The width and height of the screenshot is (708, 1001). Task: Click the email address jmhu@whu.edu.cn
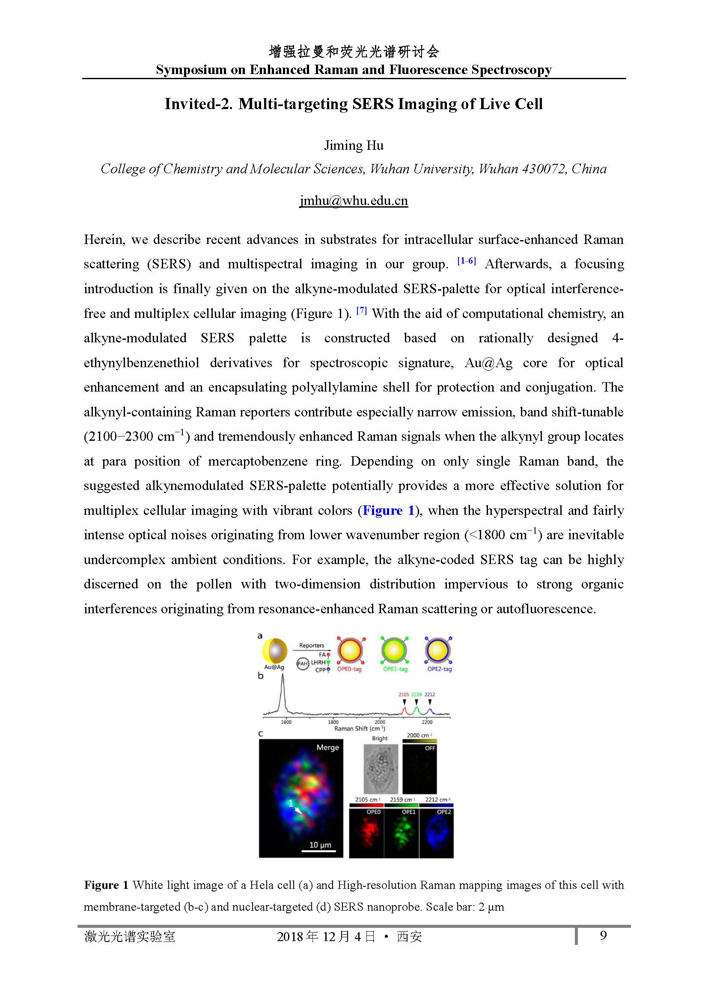pyautogui.click(x=354, y=201)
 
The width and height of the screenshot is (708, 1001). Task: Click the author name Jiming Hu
pyautogui.click(x=354, y=145)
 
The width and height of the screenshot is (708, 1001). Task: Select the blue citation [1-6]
pyautogui.click(x=466, y=261)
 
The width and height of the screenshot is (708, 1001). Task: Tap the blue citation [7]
pyautogui.click(x=361, y=310)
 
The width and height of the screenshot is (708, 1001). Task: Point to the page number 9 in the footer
pyautogui.click(x=604, y=935)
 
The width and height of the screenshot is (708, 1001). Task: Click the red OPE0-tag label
pyautogui.click(x=349, y=669)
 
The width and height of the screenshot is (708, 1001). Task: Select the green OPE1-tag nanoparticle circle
pyautogui.click(x=394, y=651)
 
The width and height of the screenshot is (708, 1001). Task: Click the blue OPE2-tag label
pyautogui.click(x=440, y=669)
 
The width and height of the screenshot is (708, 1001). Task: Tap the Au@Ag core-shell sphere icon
pyautogui.click(x=275, y=651)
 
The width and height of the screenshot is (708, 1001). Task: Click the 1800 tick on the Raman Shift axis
pyautogui.click(x=333, y=722)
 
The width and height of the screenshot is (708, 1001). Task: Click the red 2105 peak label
pyautogui.click(x=404, y=695)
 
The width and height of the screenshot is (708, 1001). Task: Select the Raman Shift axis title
pyautogui.click(x=359, y=728)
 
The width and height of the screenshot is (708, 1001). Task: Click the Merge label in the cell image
pyautogui.click(x=327, y=748)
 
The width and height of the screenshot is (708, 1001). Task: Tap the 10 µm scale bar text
pyautogui.click(x=320, y=845)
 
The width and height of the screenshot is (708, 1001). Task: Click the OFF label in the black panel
pyautogui.click(x=430, y=748)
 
